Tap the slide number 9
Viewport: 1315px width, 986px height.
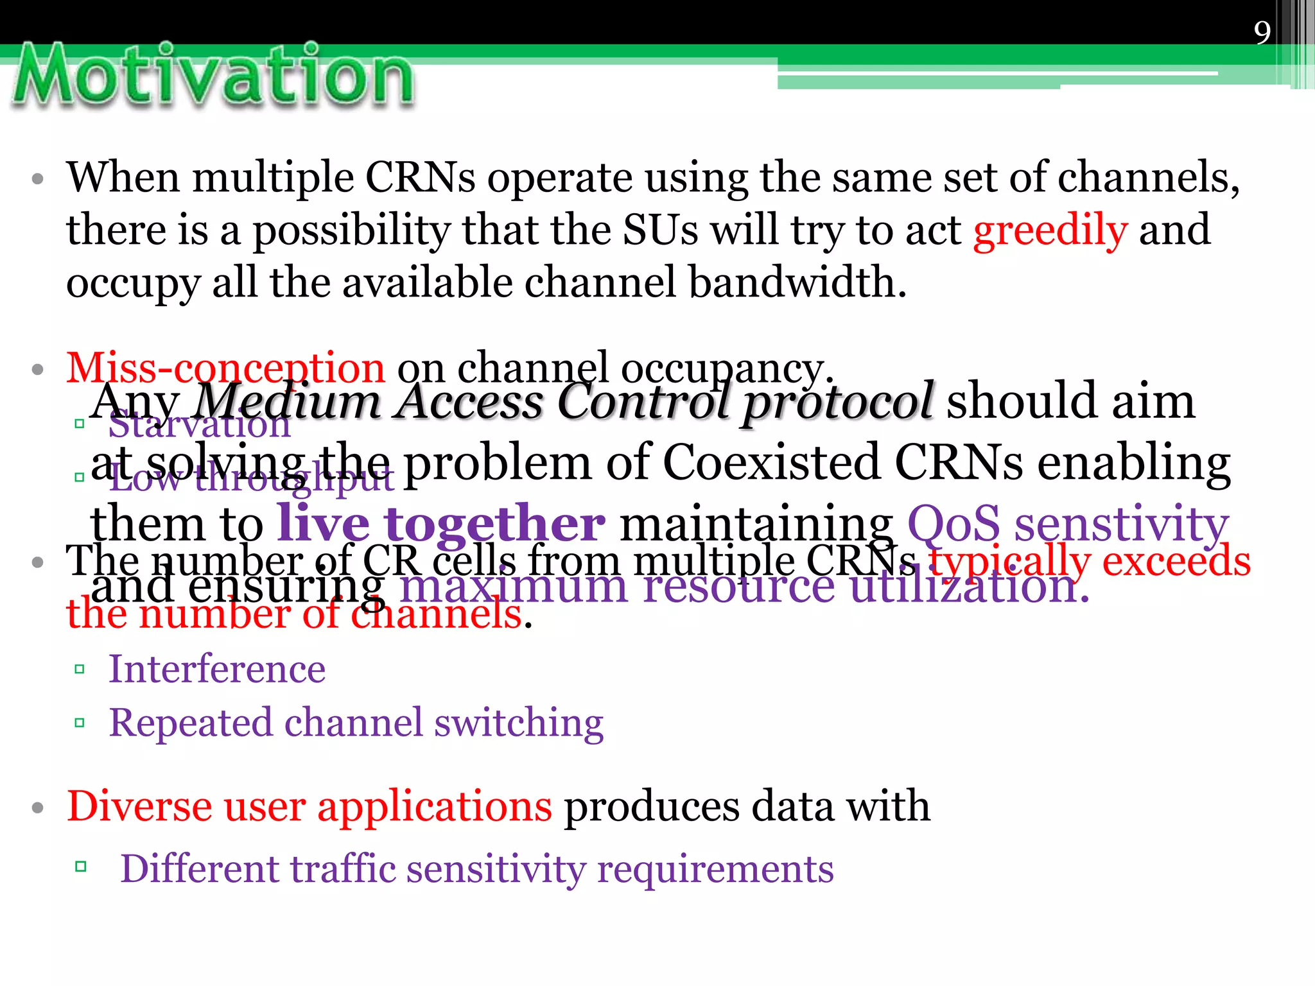1262,32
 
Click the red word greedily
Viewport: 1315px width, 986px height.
1050,230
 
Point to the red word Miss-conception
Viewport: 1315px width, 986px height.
225,368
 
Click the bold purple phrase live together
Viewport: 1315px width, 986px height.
441,523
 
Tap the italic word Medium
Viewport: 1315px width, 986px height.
287,402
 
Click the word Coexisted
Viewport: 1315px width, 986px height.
771,462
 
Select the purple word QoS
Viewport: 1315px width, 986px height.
954,523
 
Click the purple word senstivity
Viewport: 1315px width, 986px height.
1121,523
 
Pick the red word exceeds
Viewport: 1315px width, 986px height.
1176,561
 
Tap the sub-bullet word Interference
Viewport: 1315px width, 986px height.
217,669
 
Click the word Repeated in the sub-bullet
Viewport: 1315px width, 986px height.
191,723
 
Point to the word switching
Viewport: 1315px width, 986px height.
519,723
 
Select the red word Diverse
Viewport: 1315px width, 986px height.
139,806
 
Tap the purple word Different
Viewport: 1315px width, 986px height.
200,869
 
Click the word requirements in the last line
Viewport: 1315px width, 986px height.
715,870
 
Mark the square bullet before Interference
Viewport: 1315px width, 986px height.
80,670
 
